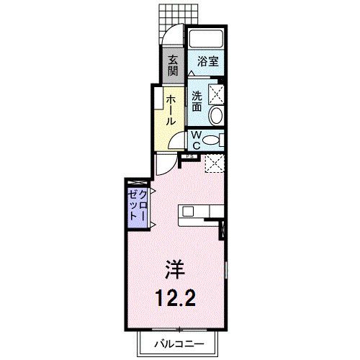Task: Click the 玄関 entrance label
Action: click(x=174, y=66)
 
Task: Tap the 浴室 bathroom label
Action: click(x=208, y=62)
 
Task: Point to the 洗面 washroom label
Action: click(x=197, y=101)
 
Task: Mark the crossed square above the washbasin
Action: click(x=215, y=93)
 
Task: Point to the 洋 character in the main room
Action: click(x=177, y=270)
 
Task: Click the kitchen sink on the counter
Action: click(x=188, y=211)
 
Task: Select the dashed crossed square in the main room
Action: click(x=215, y=164)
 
